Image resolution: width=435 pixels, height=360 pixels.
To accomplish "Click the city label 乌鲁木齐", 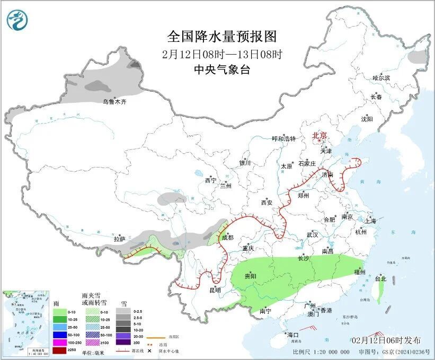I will click(x=114, y=101).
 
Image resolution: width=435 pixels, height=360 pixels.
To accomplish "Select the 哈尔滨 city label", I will click(x=380, y=78).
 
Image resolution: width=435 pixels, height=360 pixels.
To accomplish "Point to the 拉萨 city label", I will click(x=119, y=239).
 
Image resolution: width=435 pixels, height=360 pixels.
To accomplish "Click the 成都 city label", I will click(x=227, y=238).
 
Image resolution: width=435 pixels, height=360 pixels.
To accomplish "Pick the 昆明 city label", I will click(x=215, y=290).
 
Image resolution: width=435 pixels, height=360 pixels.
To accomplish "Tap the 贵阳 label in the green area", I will click(x=250, y=276).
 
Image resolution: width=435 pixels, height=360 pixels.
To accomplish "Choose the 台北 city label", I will click(x=380, y=278).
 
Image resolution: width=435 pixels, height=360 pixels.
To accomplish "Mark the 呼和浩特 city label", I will click(x=283, y=138).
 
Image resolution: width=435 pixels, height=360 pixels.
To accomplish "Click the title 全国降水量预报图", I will click(x=222, y=37).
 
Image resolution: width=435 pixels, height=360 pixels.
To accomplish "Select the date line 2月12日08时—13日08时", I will click(x=222, y=54).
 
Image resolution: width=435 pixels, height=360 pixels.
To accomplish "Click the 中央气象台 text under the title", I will click(x=222, y=70).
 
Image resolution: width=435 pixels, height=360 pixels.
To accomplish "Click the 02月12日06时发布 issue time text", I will click(x=386, y=340).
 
